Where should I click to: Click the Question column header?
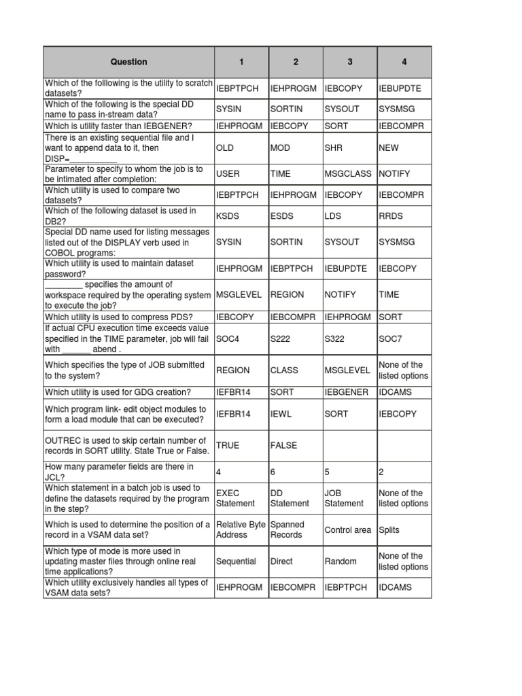click(x=128, y=62)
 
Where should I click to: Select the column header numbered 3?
click(x=349, y=62)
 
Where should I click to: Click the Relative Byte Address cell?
click(x=241, y=530)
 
